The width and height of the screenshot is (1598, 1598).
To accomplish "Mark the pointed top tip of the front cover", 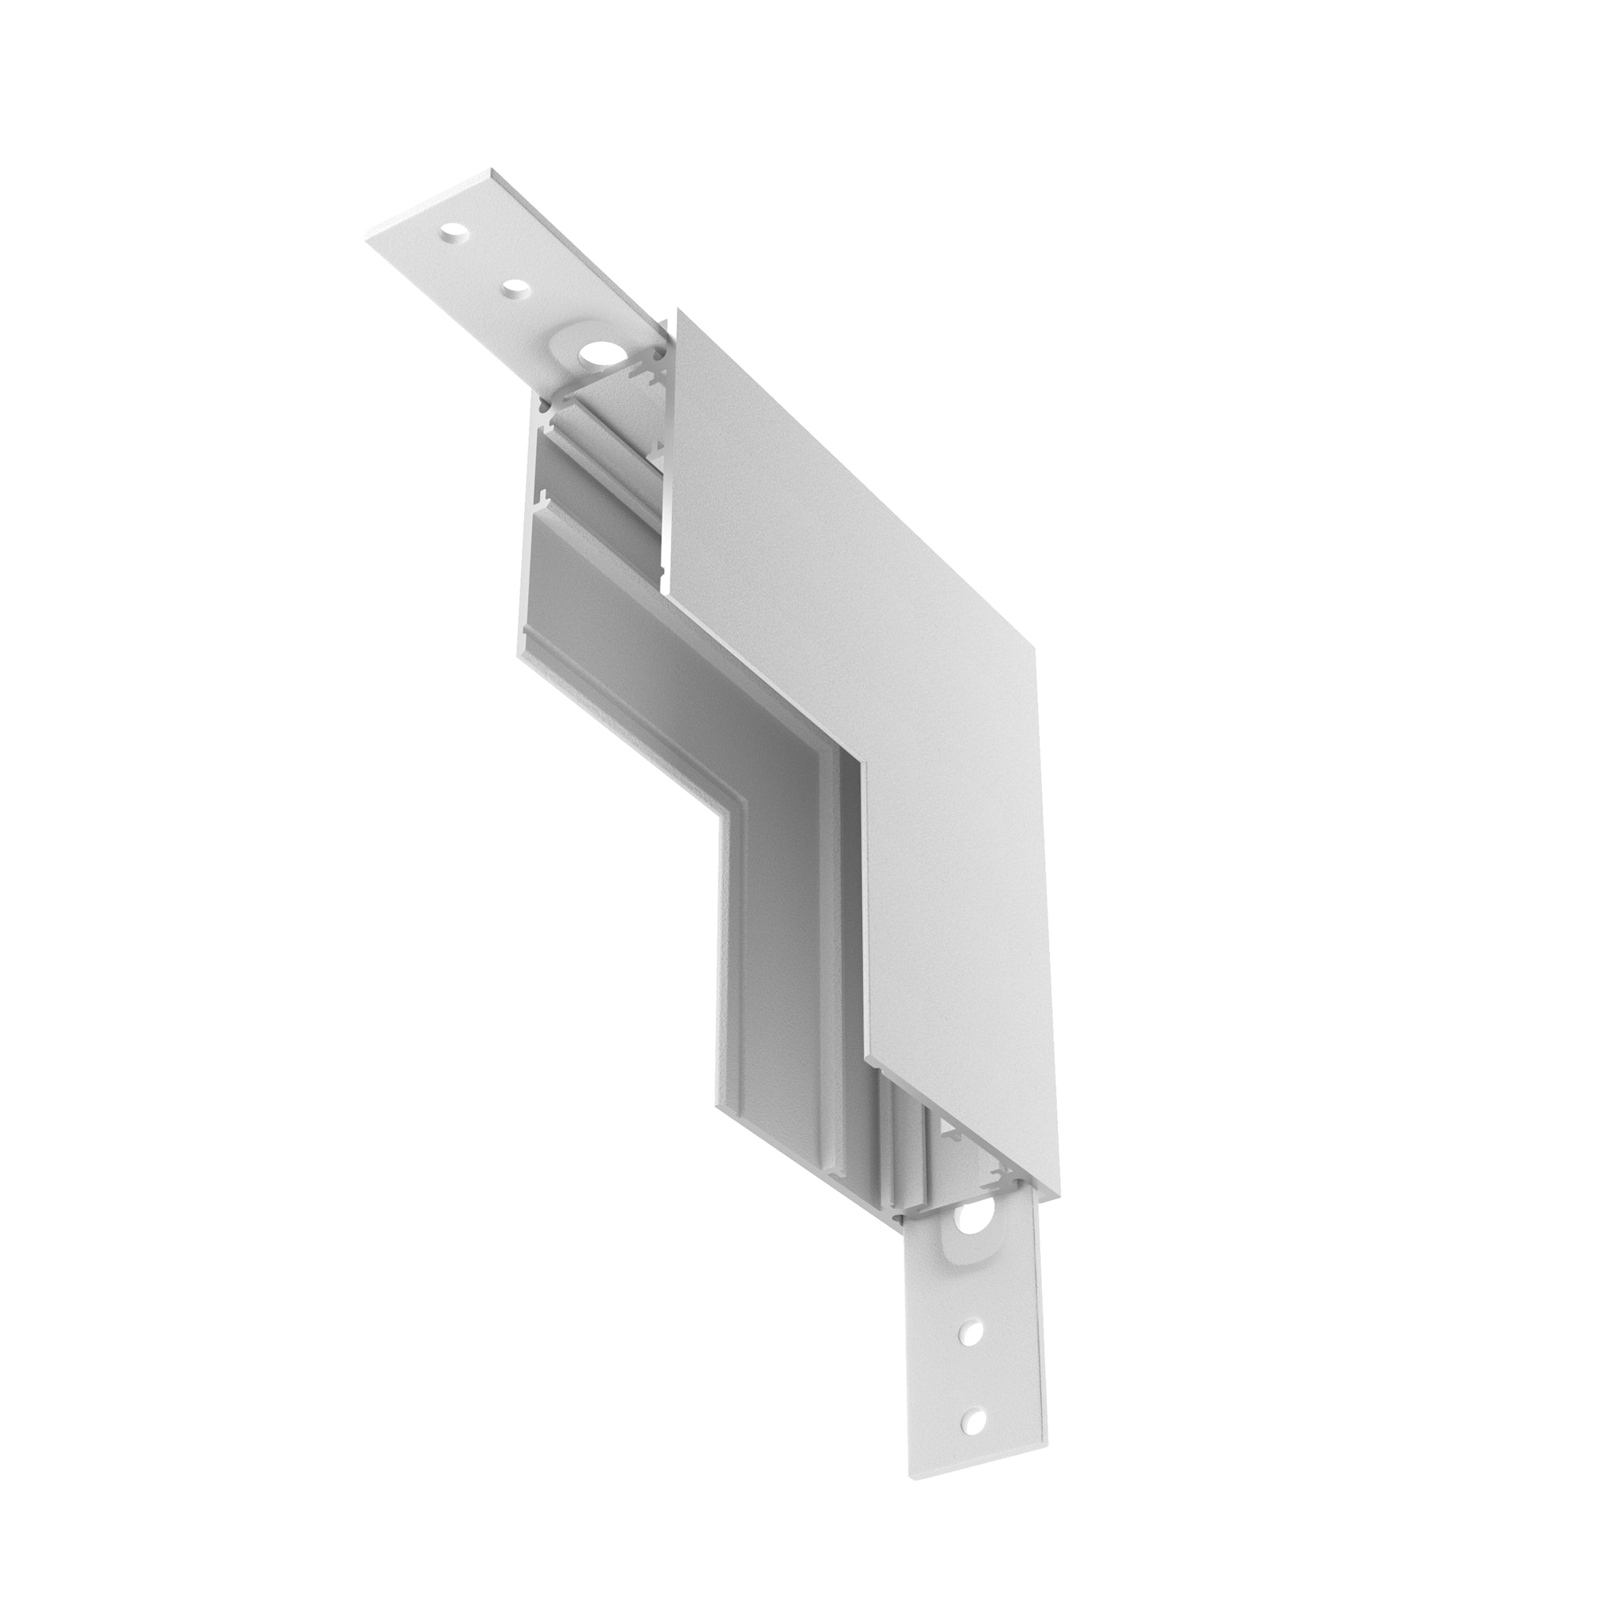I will tap(678, 309).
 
